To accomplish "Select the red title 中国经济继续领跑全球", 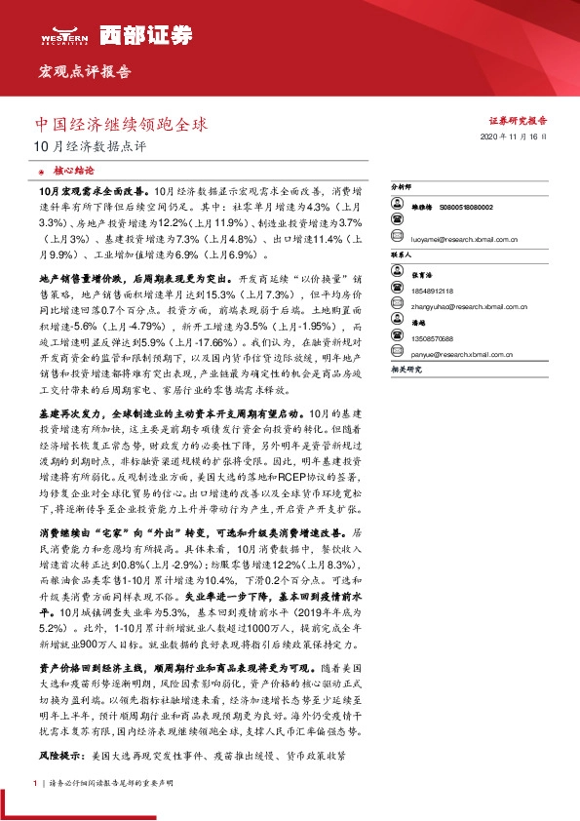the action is tap(121, 125).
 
